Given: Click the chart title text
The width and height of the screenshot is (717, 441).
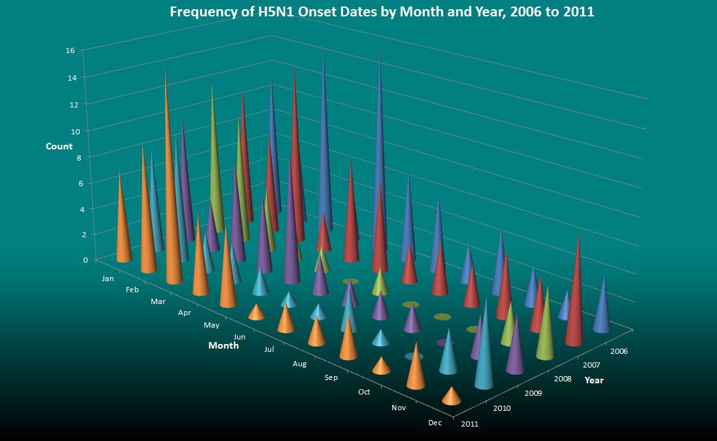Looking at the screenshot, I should click(x=382, y=12).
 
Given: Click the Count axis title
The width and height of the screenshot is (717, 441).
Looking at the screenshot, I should click(x=59, y=146).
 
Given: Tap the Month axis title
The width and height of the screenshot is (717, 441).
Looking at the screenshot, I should click(x=223, y=345).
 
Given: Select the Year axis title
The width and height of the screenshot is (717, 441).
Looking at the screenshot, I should click(x=594, y=380).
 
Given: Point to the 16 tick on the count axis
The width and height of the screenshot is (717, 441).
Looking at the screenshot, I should click(x=70, y=50).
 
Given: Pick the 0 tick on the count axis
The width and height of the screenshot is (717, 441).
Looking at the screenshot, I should click(x=85, y=260).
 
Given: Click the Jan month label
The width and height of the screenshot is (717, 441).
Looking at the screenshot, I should click(x=109, y=278).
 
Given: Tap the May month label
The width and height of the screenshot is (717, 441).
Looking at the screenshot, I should click(x=212, y=325).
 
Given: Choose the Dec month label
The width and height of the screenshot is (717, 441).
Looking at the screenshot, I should click(x=435, y=423).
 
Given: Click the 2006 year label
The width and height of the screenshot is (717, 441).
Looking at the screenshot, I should click(x=617, y=351).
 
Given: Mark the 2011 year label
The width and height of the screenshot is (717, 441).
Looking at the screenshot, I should click(x=469, y=424).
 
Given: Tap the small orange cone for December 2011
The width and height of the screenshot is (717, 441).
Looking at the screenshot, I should click(x=451, y=397).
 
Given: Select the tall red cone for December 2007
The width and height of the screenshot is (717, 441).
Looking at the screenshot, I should click(x=576, y=295).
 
